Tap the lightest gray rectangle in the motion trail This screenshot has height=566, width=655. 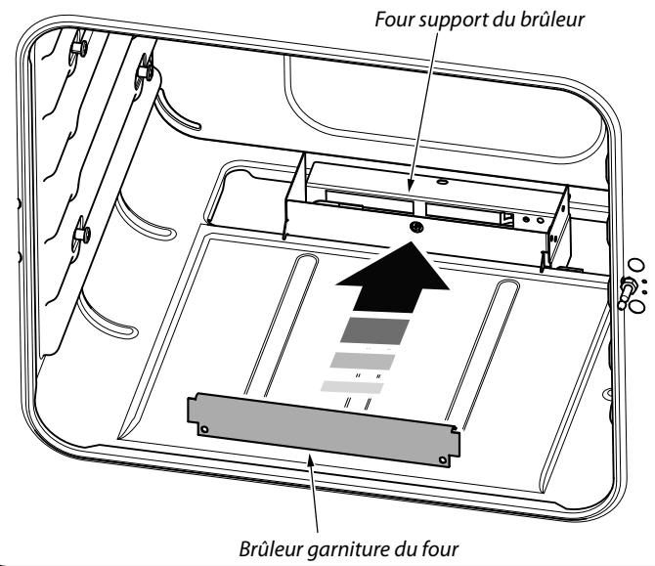click(353, 388)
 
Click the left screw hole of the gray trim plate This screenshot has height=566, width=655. click(203, 428)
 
